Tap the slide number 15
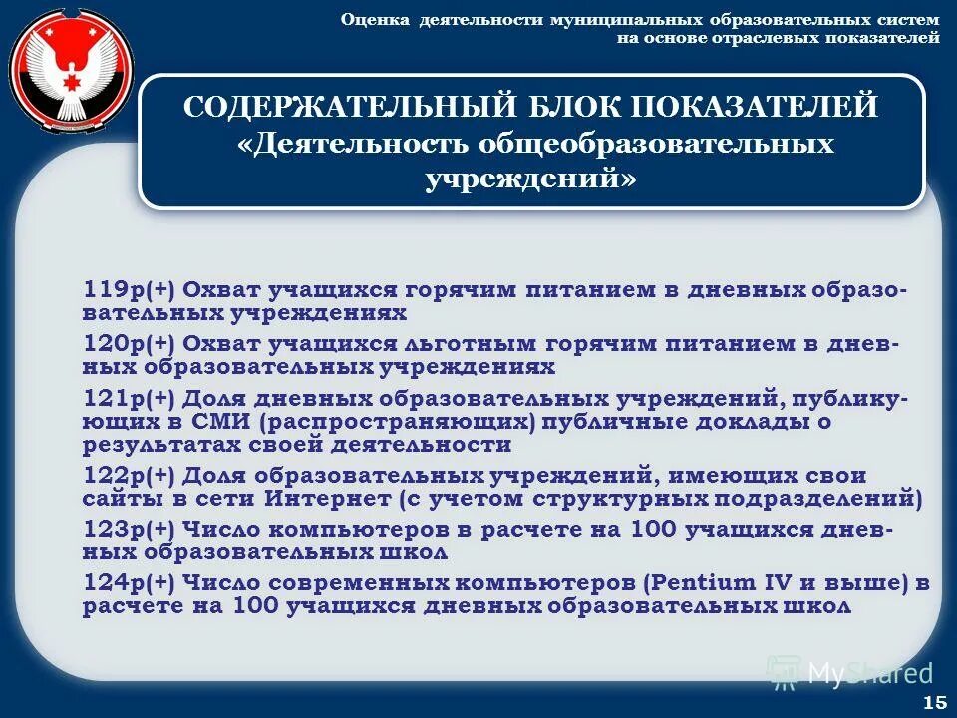(x=935, y=702)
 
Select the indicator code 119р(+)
(x=129, y=290)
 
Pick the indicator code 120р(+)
(x=129, y=344)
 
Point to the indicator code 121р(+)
(x=129, y=399)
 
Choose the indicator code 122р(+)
(x=129, y=476)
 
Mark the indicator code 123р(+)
(x=129, y=530)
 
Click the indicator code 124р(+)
(x=129, y=583)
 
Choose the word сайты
(x=121, y=498)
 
